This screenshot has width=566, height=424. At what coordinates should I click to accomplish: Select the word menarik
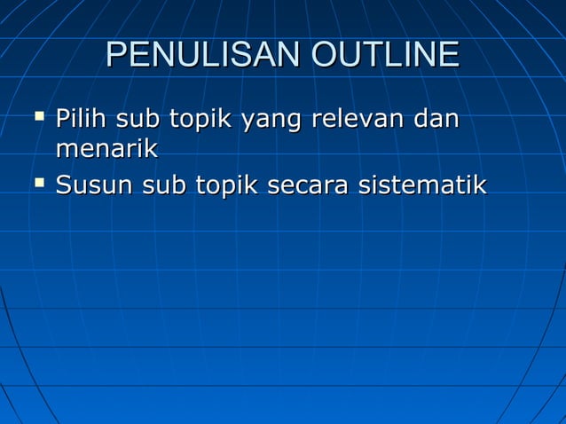pos(106,149)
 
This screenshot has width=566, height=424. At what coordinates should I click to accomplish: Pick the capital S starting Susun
pos(64,186)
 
